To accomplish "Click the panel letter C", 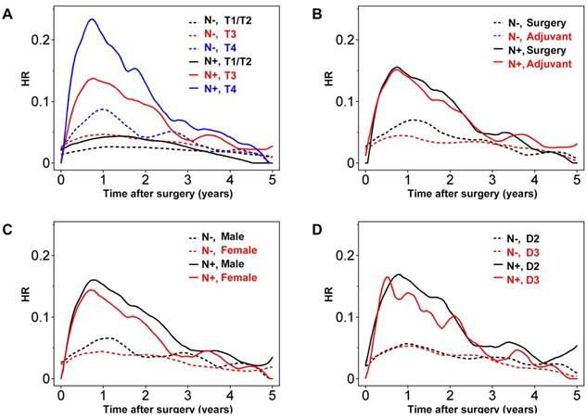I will (10, 226).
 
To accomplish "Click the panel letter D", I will (314, 226).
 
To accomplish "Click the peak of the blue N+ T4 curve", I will (91, 19).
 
